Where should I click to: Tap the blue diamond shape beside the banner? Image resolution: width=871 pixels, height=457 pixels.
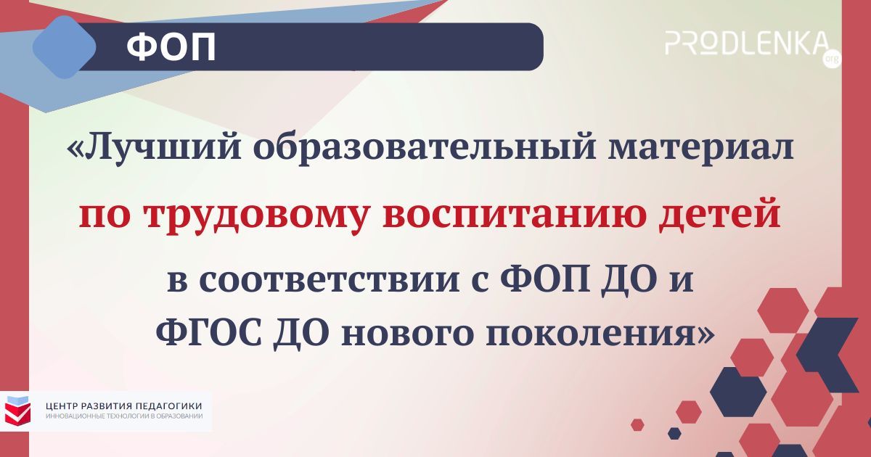(x=65, y=46)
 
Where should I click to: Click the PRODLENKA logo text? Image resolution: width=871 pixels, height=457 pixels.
(x=746, y=42)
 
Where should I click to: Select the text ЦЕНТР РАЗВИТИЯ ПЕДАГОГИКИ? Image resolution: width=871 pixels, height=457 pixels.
(x=123, y=405)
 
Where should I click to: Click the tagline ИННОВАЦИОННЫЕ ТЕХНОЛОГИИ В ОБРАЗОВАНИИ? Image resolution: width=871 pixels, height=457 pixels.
(x=123, y=417)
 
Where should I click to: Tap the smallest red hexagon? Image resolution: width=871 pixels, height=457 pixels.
(x=637, y=424)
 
